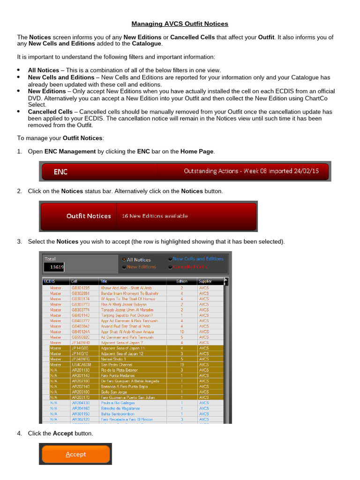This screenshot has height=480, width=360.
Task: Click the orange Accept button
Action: click(x=75, y=454)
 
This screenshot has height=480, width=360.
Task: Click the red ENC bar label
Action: click(x=60, y=172)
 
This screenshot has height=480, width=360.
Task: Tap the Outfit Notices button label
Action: click(x=89, y=216)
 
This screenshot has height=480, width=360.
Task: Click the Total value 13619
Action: click(x=54, y=267)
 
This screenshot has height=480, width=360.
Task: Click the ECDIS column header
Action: click(x=50, y=281)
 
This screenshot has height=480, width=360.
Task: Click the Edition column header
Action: click(x=181, y=281)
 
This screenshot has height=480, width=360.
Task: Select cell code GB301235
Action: click(x=80, y=288)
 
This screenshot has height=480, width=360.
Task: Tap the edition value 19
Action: click(x=182, y=365)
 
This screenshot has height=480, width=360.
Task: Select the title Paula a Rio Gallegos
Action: click(x=118, y=403)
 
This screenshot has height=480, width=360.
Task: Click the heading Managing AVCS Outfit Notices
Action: click(x=180, y=23)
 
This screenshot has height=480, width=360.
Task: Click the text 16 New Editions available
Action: click(x=155, y=216)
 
